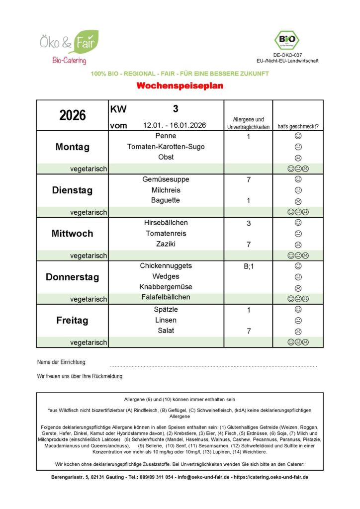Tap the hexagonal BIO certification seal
(287, 40)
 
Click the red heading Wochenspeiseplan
(180, 86)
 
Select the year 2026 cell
(73, 115)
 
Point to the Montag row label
(73, 147)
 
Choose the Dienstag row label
(73, 190)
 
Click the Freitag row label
(73, 321)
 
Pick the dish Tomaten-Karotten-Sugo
(166, 147)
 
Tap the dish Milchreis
(166, 190)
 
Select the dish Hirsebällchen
(166, 223)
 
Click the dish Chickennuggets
(166, 266)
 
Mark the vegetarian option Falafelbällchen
(166, 297)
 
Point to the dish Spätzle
(166, 310)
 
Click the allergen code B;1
(248, 266)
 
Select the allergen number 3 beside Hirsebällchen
(248, 224)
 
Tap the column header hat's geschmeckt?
(298, 127)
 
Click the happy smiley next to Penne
(298, 136)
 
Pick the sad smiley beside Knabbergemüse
(298, 288)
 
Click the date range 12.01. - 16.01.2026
(174, 126)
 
